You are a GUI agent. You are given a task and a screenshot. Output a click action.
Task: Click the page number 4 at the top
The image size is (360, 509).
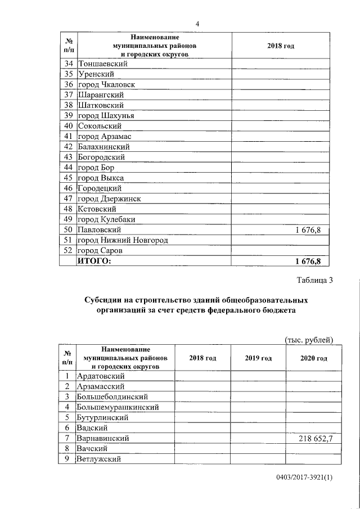click(197, 24)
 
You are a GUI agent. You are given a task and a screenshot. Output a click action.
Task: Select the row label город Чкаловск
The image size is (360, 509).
click(106, 84)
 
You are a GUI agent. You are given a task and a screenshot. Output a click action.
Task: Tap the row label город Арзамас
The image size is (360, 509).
click(105, 136)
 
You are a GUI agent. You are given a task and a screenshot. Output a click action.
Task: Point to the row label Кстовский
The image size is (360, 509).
click(97, 209)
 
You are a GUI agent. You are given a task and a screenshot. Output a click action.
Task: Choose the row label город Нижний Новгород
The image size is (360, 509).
click(123, 240)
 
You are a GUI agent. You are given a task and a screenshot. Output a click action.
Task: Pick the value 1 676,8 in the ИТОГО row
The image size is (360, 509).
click(307, 261)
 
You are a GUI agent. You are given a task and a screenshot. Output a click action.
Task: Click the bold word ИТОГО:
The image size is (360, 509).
click(94, 261)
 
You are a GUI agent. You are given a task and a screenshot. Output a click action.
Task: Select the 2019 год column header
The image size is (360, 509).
click(258, 358)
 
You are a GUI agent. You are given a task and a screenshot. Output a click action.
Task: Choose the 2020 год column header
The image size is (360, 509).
click(314, 358)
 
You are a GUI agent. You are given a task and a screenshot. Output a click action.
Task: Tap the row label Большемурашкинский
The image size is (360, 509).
click(118, 407)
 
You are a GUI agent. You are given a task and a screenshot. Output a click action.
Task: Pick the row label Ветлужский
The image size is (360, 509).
click(101, 459)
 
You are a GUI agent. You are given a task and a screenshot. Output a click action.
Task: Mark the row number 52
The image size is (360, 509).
click(69, 250)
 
